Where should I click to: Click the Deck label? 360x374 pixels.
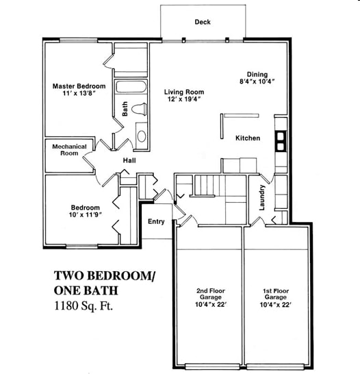click(x=203, y=22)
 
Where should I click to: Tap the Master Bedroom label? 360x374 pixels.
click(x=79, y=86)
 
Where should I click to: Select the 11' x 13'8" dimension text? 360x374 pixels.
click(x=79, y=95)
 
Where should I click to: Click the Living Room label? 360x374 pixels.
click(x=184, y=92)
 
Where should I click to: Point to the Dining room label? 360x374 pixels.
click(x=257, y=75)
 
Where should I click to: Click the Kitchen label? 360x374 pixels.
click(x=248, y=138)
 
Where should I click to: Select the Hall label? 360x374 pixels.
click(x=129, y=161)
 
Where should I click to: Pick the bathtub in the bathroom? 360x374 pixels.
click(x=130, y=88)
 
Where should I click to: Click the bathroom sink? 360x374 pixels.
click(x=141, y=134)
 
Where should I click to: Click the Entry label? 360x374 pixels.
click(x=156, y=221)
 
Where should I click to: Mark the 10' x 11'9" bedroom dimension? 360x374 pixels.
click(x=86, y=216)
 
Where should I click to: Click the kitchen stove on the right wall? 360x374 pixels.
click(x=281, y=141)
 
